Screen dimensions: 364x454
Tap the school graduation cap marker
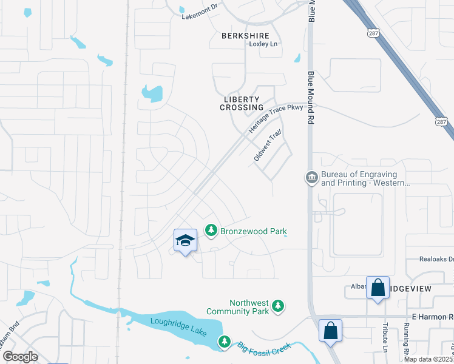(x=185, y=240)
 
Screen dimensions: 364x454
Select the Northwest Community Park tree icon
(x=279, y=307)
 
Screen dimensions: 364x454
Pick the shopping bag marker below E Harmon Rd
(x=330, y=331)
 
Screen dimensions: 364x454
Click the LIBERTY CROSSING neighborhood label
(x=242, y=103)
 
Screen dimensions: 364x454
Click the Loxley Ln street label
(x=263, y=44)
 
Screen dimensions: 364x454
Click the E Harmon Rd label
(x=432, y=317)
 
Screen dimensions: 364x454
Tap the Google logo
(x=20, y=356)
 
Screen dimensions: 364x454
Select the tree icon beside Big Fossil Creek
(x=225, y=342)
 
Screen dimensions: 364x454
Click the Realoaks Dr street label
(x=436, y=259)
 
